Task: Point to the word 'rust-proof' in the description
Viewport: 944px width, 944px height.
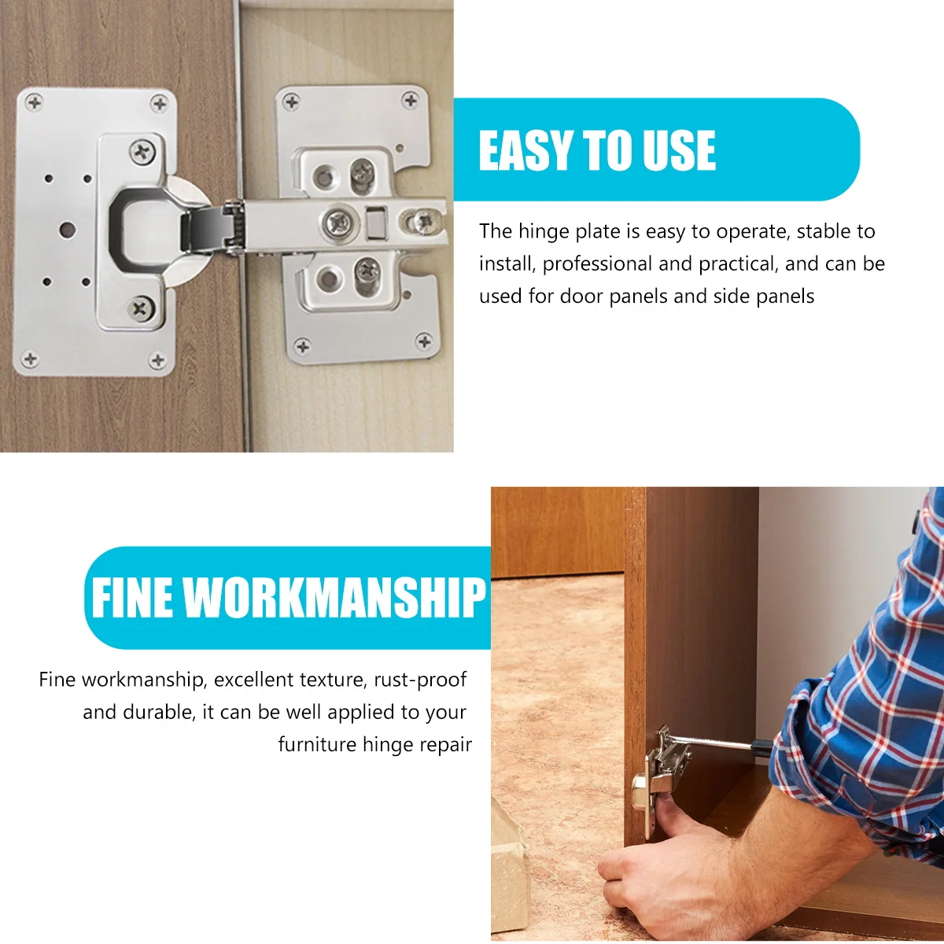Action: (x=420, y=680)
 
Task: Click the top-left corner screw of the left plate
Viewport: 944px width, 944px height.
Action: (x=35, y=101)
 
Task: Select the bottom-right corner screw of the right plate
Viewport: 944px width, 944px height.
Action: (x=424, y=341)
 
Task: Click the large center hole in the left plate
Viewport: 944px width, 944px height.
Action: (x=67, y=230)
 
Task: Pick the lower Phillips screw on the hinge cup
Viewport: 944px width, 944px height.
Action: (x=142, y=307)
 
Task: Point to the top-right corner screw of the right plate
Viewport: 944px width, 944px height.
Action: (x=410, y=100)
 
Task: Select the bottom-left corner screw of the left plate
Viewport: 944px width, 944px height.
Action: (x=30, y=360)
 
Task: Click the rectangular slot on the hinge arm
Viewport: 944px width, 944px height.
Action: (x=376, y=221)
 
